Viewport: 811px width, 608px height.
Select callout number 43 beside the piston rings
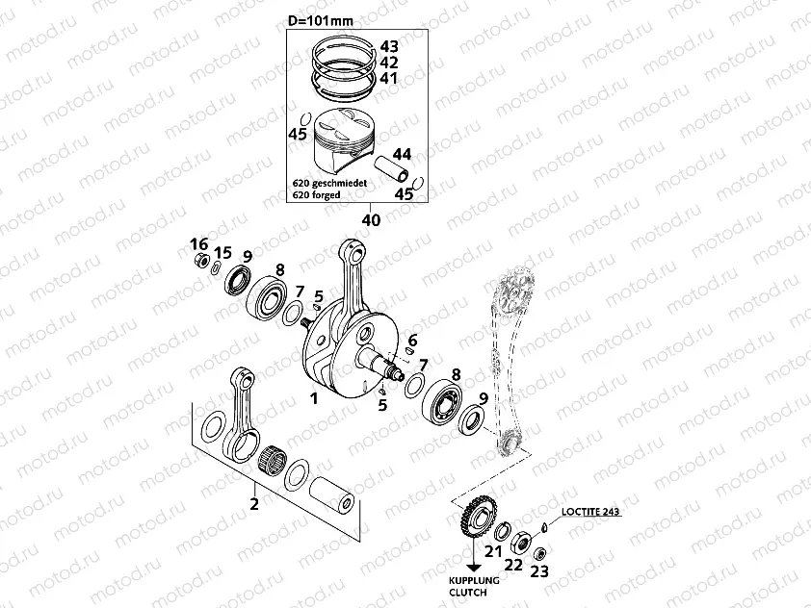click(388, 46)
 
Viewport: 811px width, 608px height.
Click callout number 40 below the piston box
click(371, 219)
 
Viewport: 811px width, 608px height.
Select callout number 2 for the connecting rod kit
click(254, 503)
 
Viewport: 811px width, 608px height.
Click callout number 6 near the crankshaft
click(412, 341)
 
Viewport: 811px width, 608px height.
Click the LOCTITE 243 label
click(589, 513)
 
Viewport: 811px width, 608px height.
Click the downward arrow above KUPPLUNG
click(473, 562)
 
